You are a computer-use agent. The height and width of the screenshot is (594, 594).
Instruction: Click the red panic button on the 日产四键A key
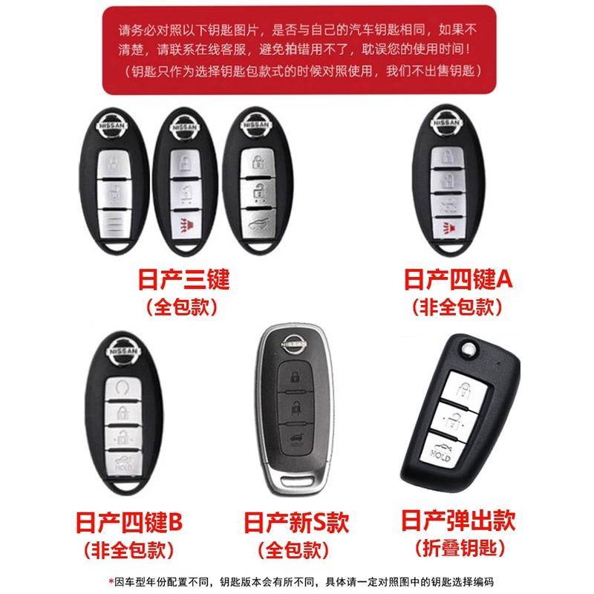pos(448,227)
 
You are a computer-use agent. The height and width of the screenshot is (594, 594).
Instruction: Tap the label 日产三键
pos(183,279)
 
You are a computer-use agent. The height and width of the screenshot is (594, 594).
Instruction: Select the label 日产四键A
pos(458,279)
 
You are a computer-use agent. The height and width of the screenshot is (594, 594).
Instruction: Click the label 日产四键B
pos(129,522)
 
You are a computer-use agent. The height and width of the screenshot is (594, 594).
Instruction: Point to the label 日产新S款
pos(296,522)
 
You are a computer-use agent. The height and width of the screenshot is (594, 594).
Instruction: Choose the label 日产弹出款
pos(458,520)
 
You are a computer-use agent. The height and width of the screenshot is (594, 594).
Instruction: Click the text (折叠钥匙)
pos(460,548)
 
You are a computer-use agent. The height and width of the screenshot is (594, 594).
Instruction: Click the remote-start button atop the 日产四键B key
pos(123,389)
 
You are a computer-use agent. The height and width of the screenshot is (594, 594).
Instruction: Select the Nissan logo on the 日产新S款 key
pos(293,344)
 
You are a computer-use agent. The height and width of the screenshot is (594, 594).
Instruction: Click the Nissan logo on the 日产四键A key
pos(447,123)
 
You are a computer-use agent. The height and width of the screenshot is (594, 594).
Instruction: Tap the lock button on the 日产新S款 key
pos(295,376)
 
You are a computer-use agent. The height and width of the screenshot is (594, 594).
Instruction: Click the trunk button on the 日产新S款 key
pos(296,440)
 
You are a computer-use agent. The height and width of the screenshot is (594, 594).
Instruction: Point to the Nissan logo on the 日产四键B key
pos(123,350)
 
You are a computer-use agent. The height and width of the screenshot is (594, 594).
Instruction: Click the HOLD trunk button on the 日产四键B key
pos(123,463)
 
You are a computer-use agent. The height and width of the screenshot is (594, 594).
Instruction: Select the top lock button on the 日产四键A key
pos(448,157)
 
